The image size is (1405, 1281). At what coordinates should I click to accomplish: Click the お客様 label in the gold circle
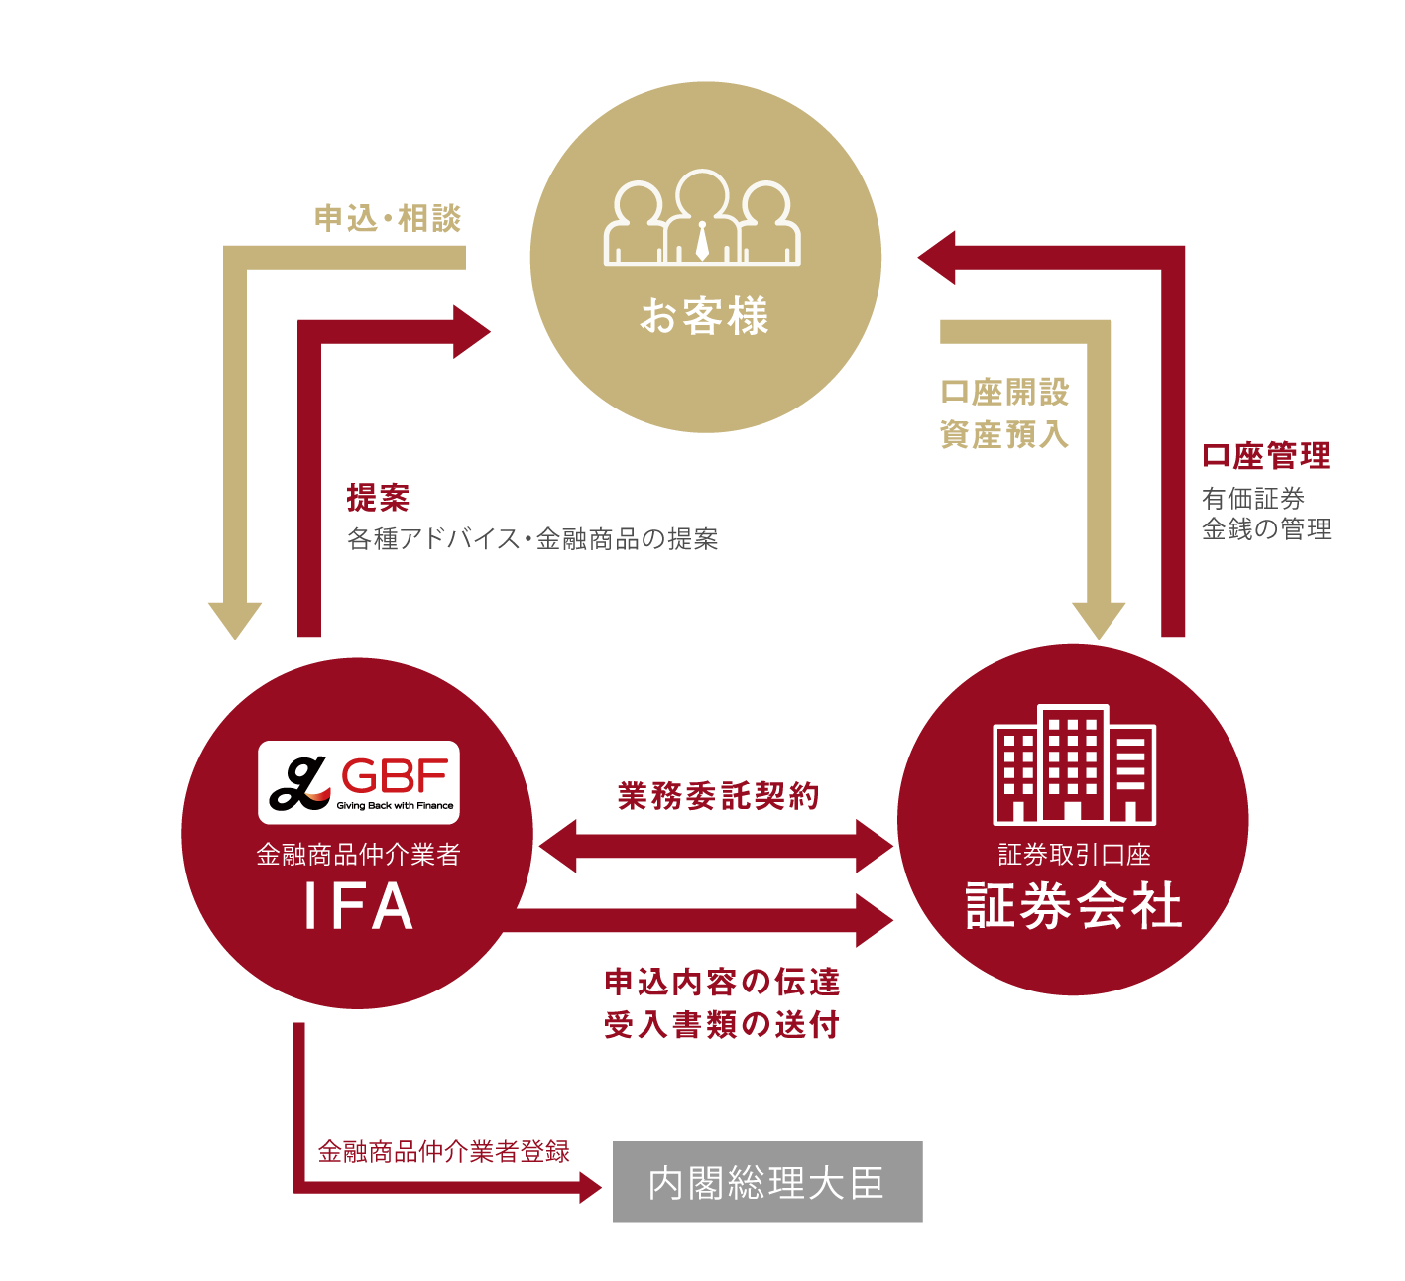point(704,317)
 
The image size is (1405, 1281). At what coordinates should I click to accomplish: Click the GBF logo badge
point(359,782)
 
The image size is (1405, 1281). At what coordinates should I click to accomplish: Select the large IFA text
point(358,906)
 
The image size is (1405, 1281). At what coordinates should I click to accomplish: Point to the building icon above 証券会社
point(1075,764)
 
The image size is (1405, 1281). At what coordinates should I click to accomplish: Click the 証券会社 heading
point(1074,905)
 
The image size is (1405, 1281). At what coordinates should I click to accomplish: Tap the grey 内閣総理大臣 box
point(767,1182)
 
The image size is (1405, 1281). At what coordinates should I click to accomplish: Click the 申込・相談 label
point(388,218)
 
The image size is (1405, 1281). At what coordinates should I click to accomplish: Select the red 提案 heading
point(378,498)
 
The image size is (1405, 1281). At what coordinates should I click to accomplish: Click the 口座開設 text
point(1004,392)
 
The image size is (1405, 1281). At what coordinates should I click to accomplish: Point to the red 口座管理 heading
point(1265,456)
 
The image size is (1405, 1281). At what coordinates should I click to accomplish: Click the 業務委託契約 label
point(718,795)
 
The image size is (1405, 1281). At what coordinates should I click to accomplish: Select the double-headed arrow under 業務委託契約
point(716,846)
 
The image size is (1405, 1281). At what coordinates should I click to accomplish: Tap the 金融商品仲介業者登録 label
point(443,1151)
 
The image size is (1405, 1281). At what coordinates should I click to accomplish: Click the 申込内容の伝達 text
point(722,982)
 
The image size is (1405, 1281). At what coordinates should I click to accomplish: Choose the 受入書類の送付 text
point(722,1024)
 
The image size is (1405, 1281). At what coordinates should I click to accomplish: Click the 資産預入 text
point(1004,434)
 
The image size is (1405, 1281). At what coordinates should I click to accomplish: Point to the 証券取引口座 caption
point(1074,855)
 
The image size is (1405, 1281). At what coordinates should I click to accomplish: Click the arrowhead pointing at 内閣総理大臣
point(591,1187)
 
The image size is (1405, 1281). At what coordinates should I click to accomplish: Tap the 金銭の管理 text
point(1266,529)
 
